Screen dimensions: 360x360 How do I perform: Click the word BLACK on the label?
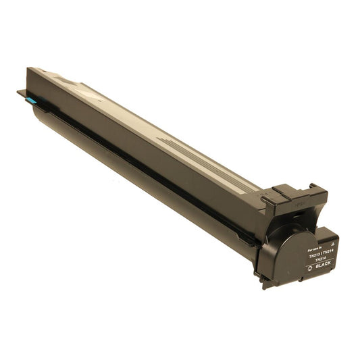322,266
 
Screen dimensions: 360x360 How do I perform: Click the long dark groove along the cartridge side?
135,162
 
